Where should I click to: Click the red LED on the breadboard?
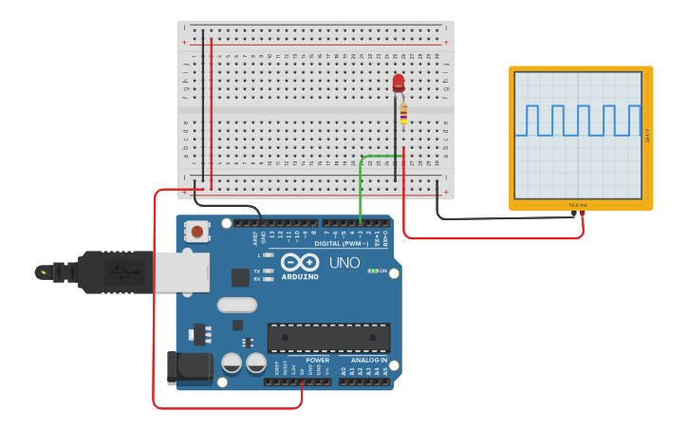[x=398, y=84]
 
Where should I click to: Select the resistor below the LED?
[x=403, y=114]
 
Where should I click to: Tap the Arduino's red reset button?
[x=197, y=231]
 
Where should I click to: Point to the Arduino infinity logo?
[x=301, y=263]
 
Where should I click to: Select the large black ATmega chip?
[x=328, y=337]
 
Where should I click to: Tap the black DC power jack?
[x=186, y=368]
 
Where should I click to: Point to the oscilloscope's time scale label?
[x=579, y=204]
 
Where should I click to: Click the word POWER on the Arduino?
[x=318, y=361]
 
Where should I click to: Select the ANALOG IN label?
[x=369, y=361]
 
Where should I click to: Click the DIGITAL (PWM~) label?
[x=330, y=244]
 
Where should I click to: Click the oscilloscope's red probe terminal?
[x=582, y=215]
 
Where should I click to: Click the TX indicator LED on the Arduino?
[x=269, y=271]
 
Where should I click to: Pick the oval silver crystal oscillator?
[x=236, y=305]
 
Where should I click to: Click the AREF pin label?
[x=254, y=238]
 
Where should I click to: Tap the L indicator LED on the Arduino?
[x=269, y=255]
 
